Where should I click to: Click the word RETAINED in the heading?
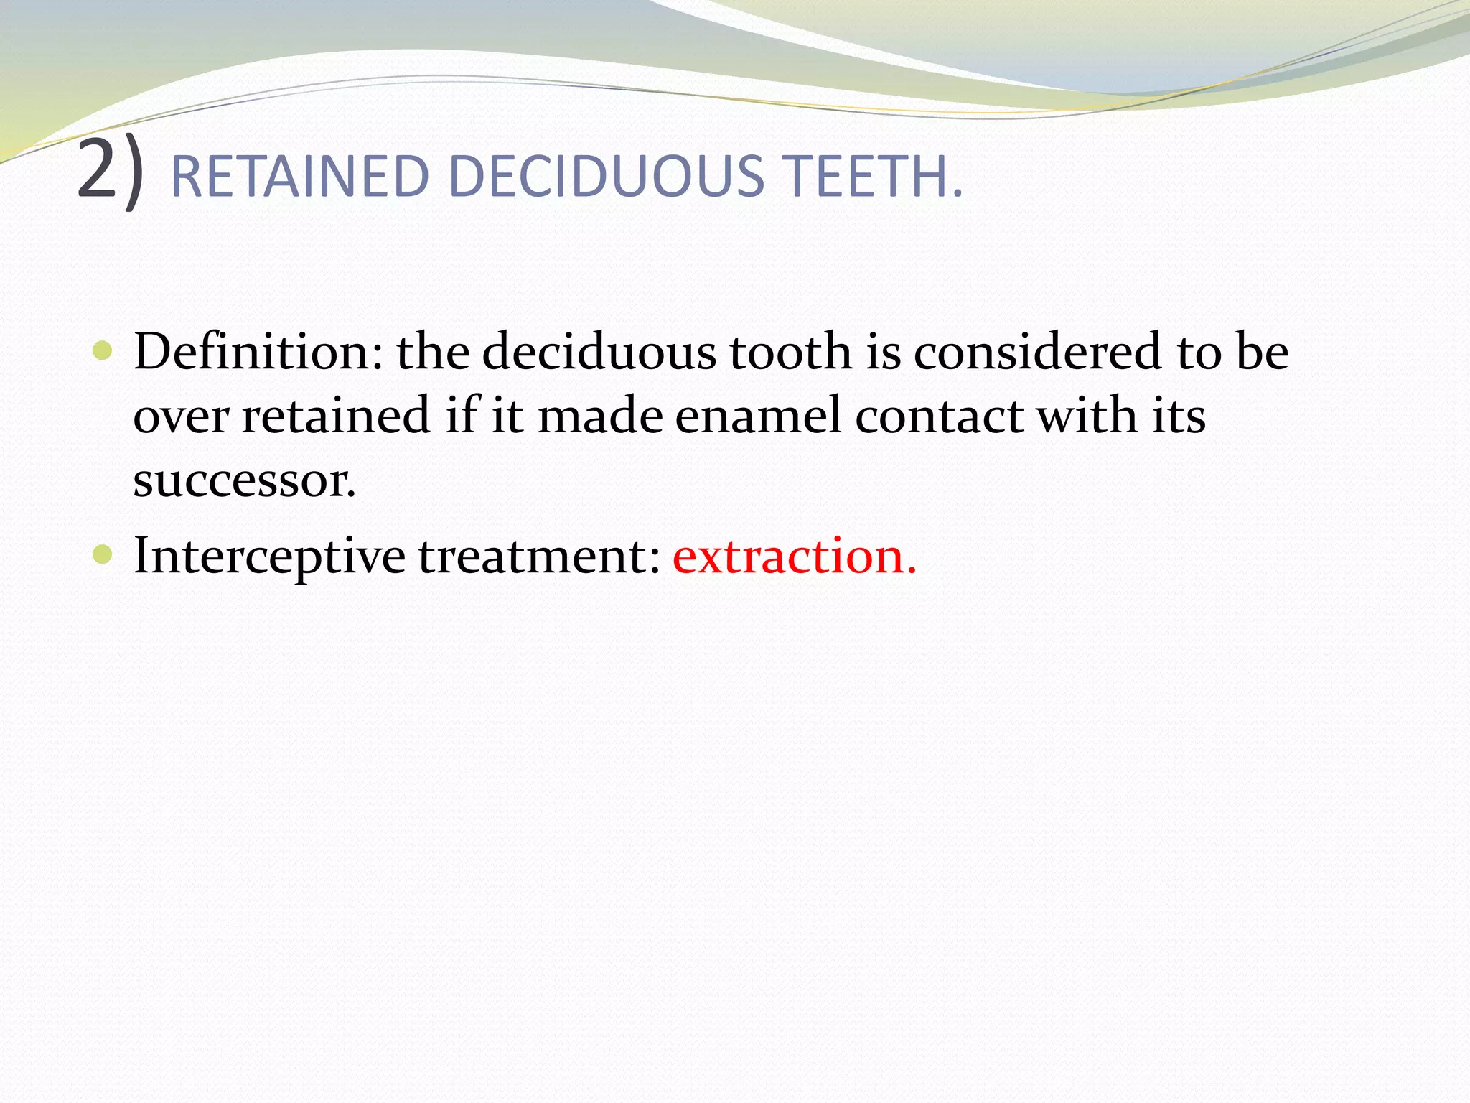coord(299,177)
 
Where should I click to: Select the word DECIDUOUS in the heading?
coord(606,177)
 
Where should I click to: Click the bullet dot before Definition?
coord(103,351)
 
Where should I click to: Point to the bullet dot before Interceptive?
coord(103,554)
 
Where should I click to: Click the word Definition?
coord(258,351)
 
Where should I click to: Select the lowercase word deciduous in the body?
coord(599,351)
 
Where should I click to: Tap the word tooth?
coord(790,351)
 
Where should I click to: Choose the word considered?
coord(1037,351)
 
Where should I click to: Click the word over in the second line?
coord(181,416)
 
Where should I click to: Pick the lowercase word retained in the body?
coord(335,416)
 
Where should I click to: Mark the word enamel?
coord(757,416)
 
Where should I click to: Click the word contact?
coord(939,416)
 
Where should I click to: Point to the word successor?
coord(244,480)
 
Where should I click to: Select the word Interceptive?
coord(269,556)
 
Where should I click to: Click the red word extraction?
coord(794,556)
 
